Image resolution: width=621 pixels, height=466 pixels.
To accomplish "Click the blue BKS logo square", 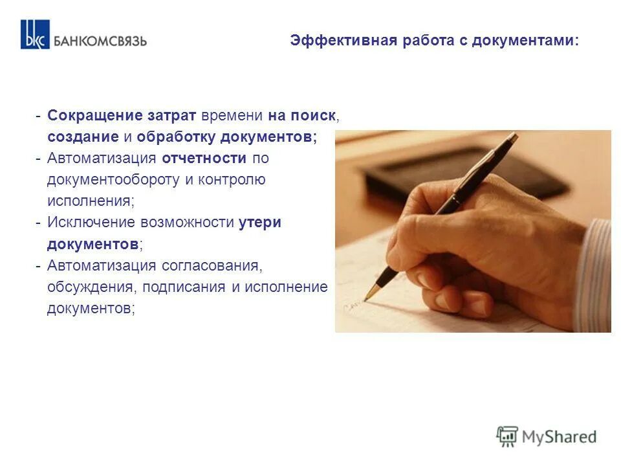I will pyautogui.click(x=34, y=34).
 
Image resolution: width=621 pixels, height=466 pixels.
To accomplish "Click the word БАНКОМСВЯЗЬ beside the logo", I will pyautogui.click(x=100, y=40).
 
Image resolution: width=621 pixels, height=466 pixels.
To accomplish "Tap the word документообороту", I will pyautogui.click(x=114, y=180).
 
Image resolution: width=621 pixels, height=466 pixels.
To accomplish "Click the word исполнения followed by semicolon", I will pyautogui.click(x=91, y=201).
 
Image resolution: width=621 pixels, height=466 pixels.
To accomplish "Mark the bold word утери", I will pyautogui.click(x=260, y=223).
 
